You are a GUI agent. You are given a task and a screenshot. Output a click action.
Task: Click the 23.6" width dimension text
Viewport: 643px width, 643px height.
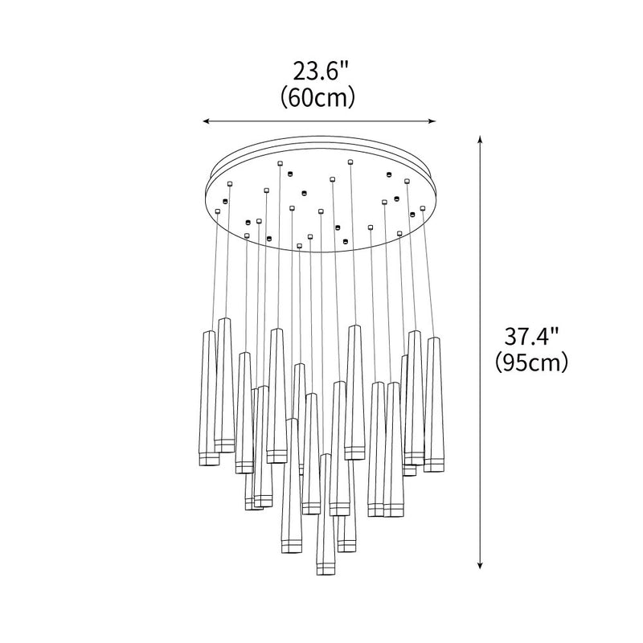tap(320, 72)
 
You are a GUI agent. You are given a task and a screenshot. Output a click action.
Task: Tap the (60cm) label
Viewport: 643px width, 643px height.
tap(317, 97)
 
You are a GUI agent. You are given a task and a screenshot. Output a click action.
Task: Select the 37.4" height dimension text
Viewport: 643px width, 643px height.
tap(531, 337)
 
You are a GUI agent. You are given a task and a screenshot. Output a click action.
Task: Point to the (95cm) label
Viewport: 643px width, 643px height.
tap(531, 362)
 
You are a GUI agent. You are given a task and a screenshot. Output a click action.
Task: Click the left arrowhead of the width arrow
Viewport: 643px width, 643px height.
tap(206, 121)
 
